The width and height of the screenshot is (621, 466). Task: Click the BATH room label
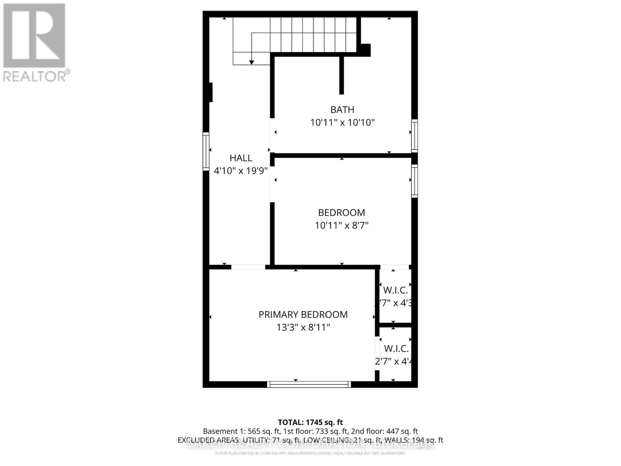click(x=342, y=110)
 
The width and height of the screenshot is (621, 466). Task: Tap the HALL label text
click(x=241, y=158)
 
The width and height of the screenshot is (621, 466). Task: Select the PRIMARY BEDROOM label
click(x=303, y=315)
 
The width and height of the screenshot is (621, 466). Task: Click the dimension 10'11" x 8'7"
click(x=342, y=225)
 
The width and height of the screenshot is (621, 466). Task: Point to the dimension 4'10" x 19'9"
click(x=241, y=170)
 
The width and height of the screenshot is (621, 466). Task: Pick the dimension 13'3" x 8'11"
click(x=303, y=327)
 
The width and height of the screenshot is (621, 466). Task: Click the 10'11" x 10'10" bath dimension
click(x=342, y=123)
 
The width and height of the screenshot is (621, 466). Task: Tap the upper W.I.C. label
click(x=395, y=290)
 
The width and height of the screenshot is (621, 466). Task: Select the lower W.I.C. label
click(x=396, y=349)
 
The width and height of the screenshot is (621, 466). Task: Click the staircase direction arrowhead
click(x=252, y=62)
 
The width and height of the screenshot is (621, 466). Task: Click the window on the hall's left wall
click(x=206, y=151)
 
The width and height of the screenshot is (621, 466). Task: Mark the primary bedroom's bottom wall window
click(x=309, y=384)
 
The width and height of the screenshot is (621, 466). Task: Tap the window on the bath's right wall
click(x=415, y=136)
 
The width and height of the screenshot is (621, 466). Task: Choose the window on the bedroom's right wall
click(x=415, y=181)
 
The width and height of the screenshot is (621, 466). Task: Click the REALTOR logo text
click(x=37, y=76)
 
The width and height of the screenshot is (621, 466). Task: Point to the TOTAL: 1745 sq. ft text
click(x=310, y=422)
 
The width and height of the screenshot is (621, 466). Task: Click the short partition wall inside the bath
click(x=342, y=75)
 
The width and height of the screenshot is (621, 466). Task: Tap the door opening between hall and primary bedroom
click(x=248, y=267)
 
